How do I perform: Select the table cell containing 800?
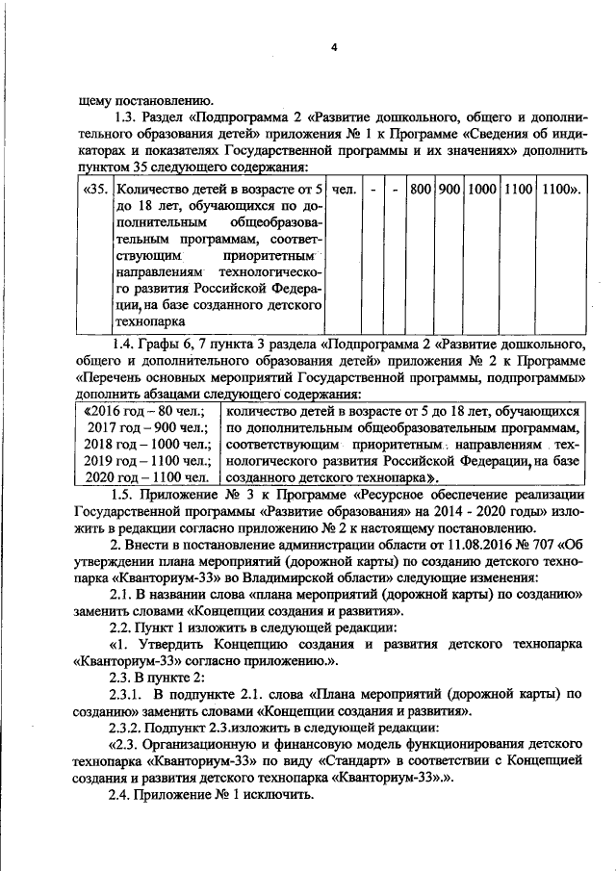point(419,189)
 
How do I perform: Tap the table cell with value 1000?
point(482,189)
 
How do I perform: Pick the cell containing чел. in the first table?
point(344,189)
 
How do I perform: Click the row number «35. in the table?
point(95,189)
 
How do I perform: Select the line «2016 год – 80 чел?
point(144,409)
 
